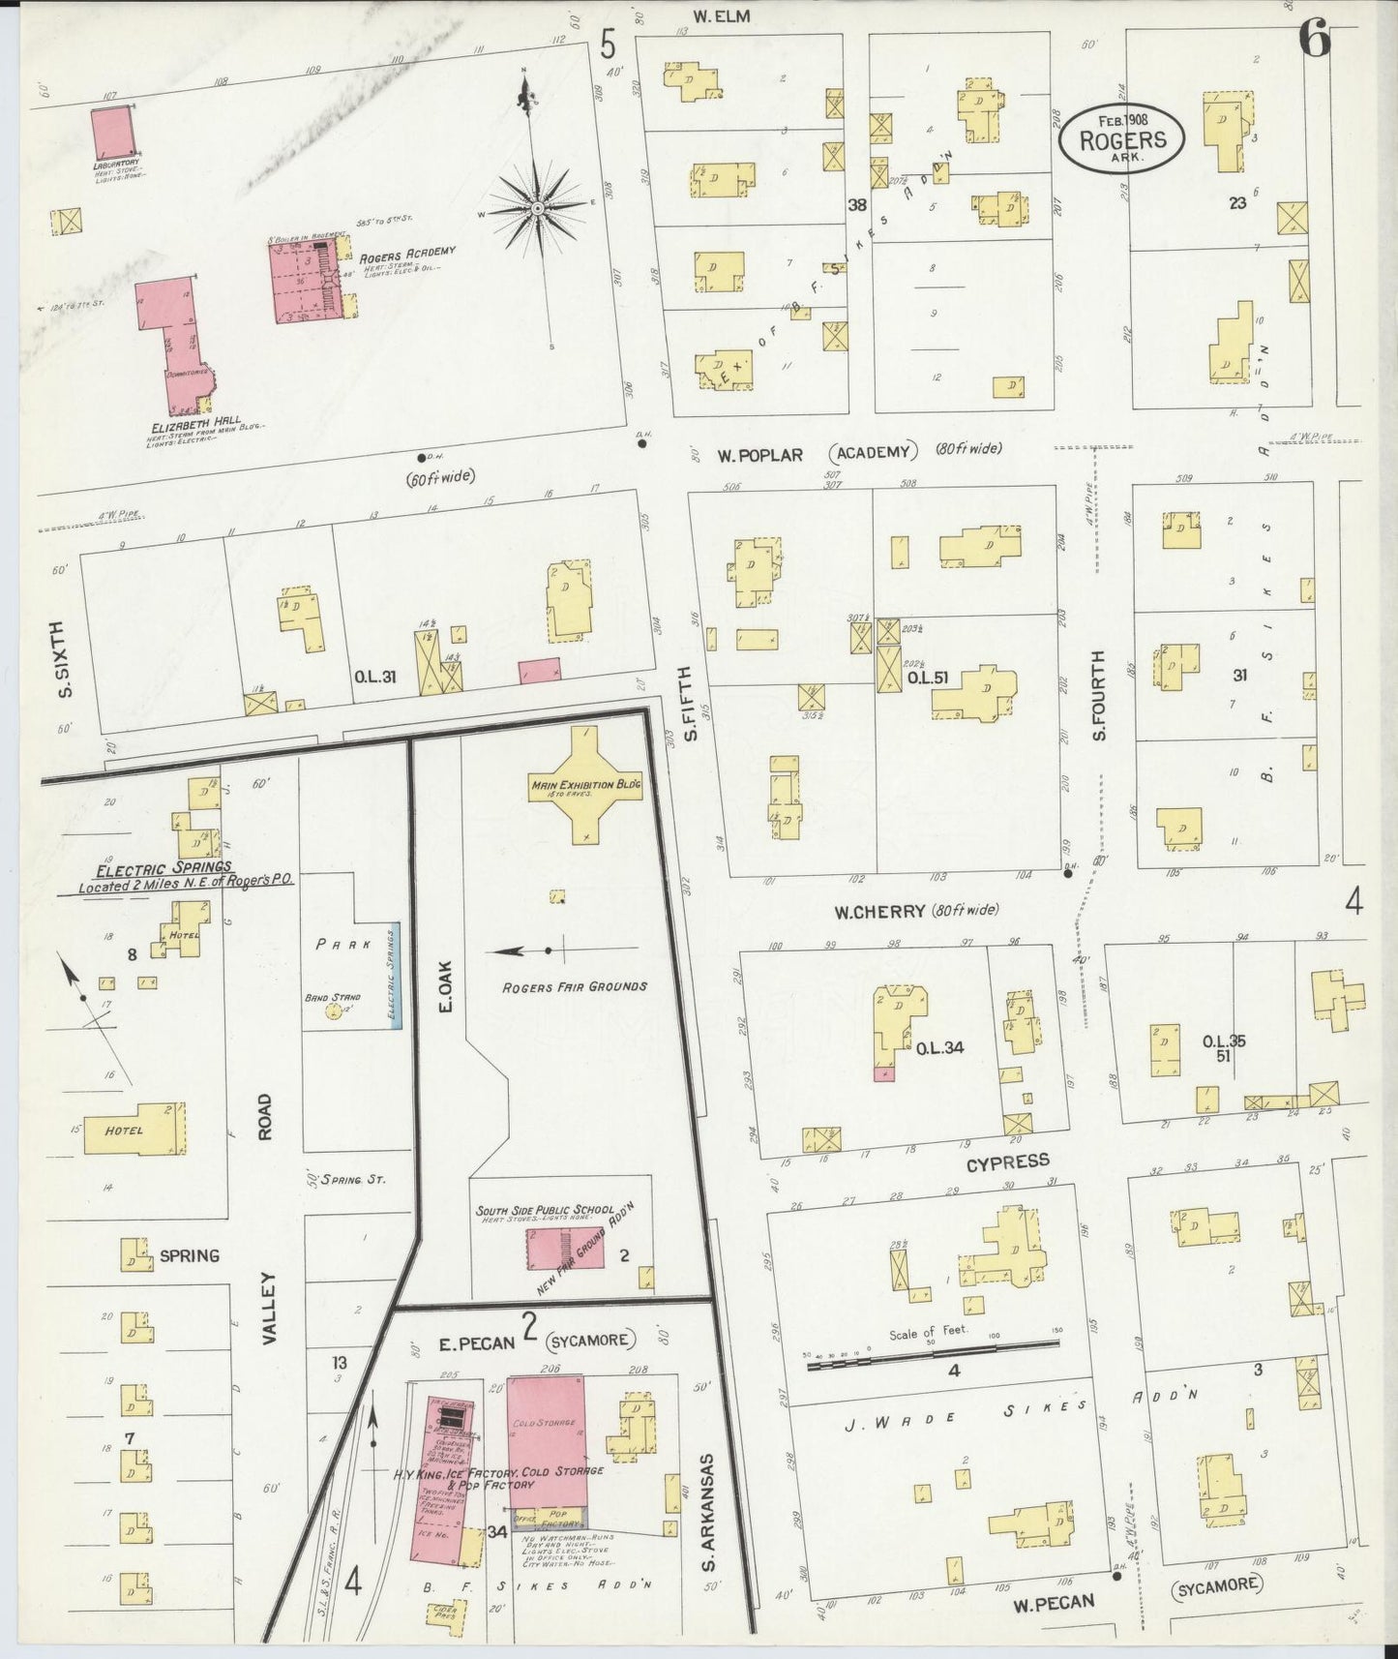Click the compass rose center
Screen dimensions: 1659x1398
tap(535, 209)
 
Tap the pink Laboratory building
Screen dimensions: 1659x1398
tap(113, 133)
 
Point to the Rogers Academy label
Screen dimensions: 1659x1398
tap(406, 255)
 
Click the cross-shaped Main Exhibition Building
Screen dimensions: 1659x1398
tap(585, 785)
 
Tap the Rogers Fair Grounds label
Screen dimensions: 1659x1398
tap(575, 986)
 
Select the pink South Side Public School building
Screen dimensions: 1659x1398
tap(564, 1249)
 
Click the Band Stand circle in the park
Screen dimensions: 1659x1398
tap(335, 1012)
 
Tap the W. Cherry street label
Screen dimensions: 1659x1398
tap(877, 911)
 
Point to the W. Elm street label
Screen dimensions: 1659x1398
tap(721, 15)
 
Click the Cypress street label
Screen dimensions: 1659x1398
tap(1006, 1161)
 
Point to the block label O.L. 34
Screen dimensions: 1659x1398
tap(939, 1047)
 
